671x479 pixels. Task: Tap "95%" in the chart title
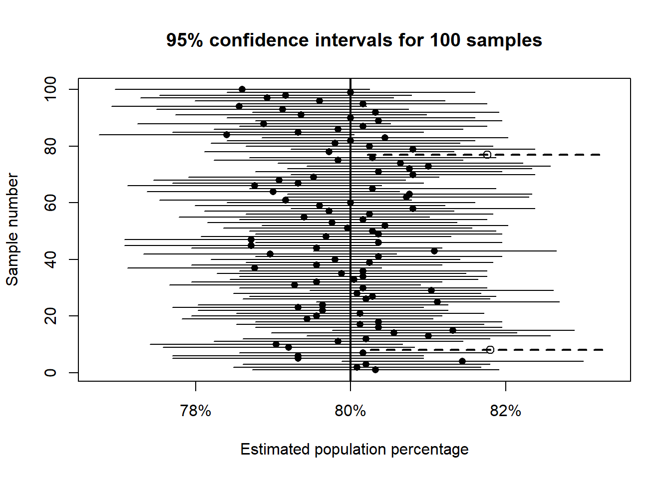pyautogui.click(x=184, y=40)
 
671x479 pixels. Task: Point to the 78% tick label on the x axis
pyautogui.click(x=195, y=411)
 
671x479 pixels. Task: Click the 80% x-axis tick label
pyautogui.click(x=350, y=411)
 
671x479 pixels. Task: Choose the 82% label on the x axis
pyautogui.click(x=506, y=411)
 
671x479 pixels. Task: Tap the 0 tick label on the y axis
pyautogui.click(x=50, y=373)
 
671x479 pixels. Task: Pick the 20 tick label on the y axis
pyautogui.click(x=50, y=316)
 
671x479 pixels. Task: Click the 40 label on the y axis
pyautogui.click(x=50, y=259)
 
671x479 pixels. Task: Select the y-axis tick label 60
pyautogui.click(x=50, y=203)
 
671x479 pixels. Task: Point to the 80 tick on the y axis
pyautogui.click(x=50, y=146)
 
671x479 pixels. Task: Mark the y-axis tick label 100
pyautogui.click(x=50, y=89)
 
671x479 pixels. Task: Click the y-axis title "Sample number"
pyautogui.click(x=12, y=230)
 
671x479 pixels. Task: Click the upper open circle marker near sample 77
pyautogui.click(x=487, y=155)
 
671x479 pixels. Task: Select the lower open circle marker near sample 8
pyautogui.click(x=490, y=350)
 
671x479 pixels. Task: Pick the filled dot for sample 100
pyautogui.click(x=242, y=89)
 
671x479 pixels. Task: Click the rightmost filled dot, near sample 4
pyautogui.click(x=462, y=361)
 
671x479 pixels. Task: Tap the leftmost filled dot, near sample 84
pyautogui.click(x=227, y=135)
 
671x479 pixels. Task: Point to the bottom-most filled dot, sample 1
pyautogui.click(x=375, y=370)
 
